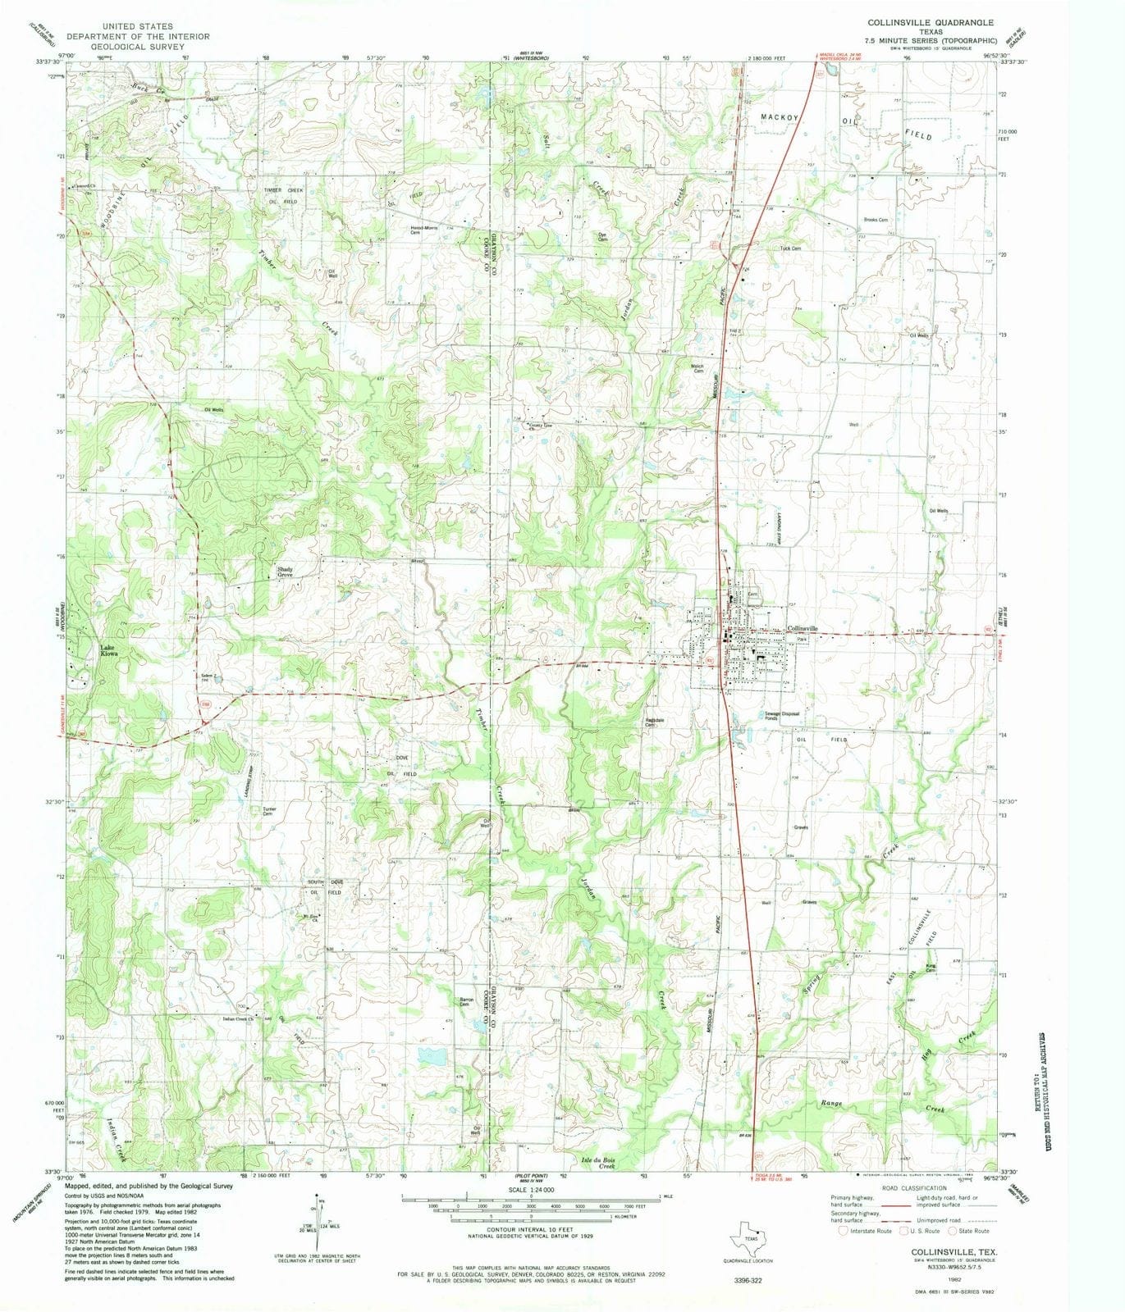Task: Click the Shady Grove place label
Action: [x=285, y=572]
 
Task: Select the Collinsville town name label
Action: [x=803, y=629]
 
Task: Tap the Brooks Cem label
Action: [x=876, y=220]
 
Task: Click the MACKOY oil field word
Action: [x=779, y=118]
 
